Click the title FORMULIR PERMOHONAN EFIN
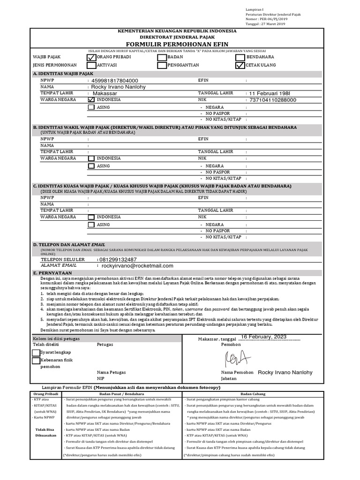pos(177,44)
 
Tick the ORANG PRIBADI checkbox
pos(91,57)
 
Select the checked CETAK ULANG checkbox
pos(240,66)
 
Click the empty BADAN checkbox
pos(162,57)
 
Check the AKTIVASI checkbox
pos(91,66)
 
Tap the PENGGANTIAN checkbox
pos(162,66)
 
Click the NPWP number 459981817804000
pos(115,81)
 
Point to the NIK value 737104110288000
pos(272,100)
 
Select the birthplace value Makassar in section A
pos(105,93)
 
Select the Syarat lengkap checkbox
pos(36,352)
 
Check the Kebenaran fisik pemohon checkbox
pos(36,361)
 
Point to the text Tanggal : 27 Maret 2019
pos(265,24)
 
